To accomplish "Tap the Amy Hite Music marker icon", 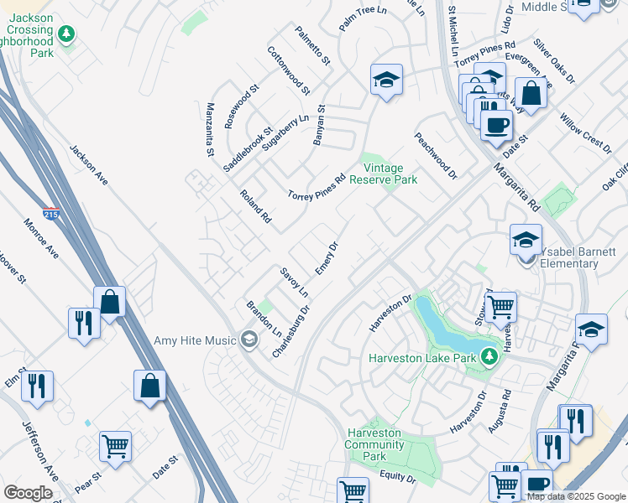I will [249, 340].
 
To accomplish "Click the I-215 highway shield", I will [51, 215].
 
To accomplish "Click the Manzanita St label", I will [211, 130].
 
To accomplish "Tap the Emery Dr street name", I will [327, 257].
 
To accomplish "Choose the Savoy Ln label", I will [295, 283].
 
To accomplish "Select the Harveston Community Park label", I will [375, 444].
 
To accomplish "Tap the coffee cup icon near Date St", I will [496, 125].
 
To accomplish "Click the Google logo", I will [28, 493].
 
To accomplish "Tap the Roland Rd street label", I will [255, 205].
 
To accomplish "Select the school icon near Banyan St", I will [385, 80].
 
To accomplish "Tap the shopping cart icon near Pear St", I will [115, 445].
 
